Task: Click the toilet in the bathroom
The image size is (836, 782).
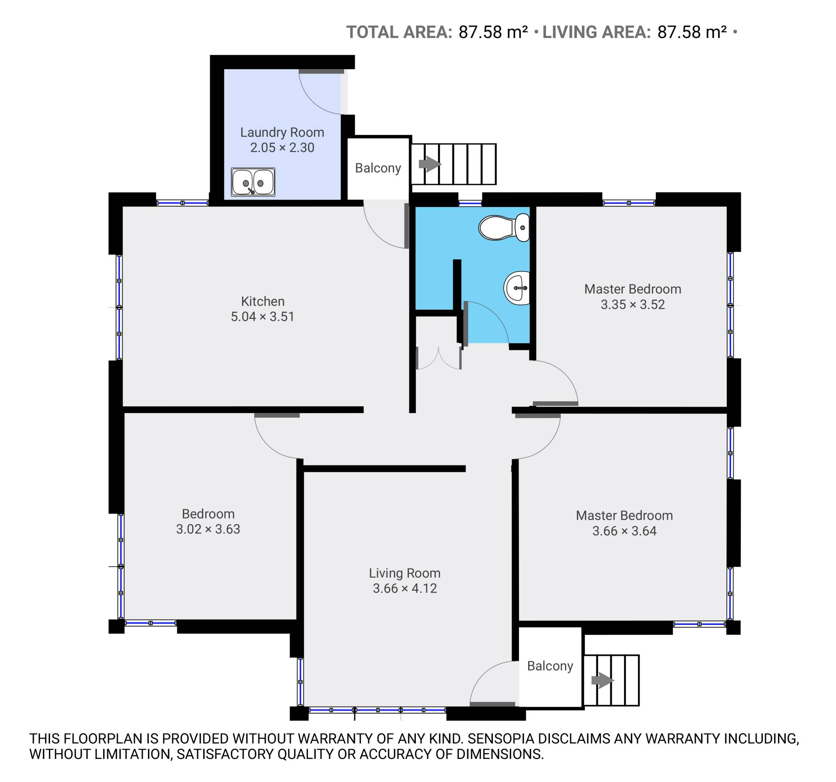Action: [504, 227]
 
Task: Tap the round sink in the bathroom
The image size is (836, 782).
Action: [517, 288]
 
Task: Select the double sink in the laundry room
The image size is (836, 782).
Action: [253, 182]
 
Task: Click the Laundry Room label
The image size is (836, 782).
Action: [282, 132]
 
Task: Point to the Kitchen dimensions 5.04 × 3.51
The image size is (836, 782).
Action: [263, 317]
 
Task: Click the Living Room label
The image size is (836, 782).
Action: [405, 573]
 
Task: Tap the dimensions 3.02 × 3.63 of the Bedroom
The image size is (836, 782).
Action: [208, 529]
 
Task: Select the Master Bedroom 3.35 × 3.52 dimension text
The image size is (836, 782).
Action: [633, 305]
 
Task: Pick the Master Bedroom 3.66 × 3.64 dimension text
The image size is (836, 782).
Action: [624, 531]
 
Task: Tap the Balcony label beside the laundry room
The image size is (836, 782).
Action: [378, 168]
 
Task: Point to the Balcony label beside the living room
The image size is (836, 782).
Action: [550, 666]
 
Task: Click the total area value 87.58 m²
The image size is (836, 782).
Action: [493, 32]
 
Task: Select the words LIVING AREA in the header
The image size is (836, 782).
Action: [597, 32]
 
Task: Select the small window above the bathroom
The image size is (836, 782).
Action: [470, 203]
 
